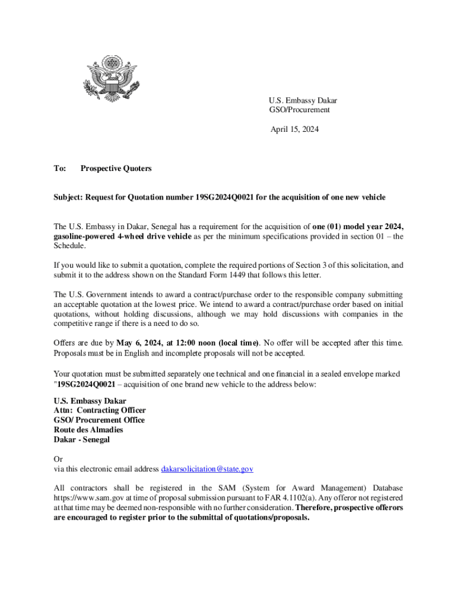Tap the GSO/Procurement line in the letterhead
299,110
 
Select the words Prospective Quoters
116,169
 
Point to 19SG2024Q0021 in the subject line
225,197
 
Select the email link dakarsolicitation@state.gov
207,469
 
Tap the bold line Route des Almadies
88,430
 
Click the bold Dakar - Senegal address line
81,440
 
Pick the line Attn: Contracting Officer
99,410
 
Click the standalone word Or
58,460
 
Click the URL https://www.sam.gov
86,498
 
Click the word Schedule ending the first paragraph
69,246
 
